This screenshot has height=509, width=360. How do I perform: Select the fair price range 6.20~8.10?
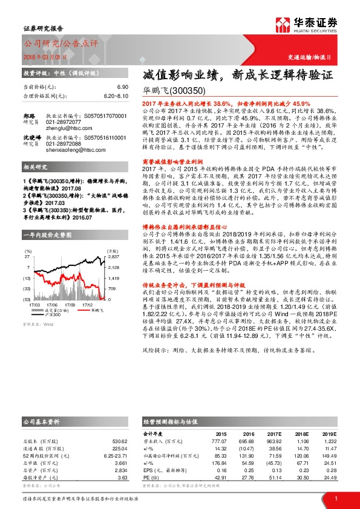coord(116,96)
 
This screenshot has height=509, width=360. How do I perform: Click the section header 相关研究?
coord(36,183)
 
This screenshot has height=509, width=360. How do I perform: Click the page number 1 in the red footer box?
coord(335,498)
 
